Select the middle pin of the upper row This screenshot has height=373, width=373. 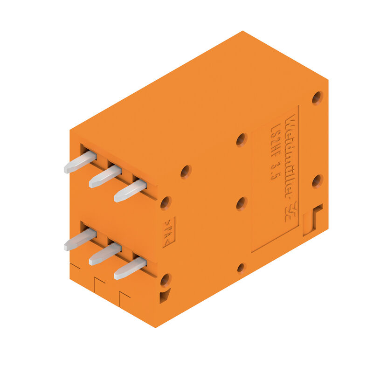[105, 176]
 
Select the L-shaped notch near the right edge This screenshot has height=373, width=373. [313, 218]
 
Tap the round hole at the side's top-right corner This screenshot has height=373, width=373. [317, 97]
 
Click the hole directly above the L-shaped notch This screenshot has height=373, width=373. [317, 181]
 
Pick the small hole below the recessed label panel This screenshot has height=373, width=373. [241, 268]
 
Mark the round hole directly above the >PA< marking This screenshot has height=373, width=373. [165, 203]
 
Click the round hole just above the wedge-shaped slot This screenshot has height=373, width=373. [165, 280]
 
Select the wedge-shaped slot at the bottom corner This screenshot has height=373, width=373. [164, 296]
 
